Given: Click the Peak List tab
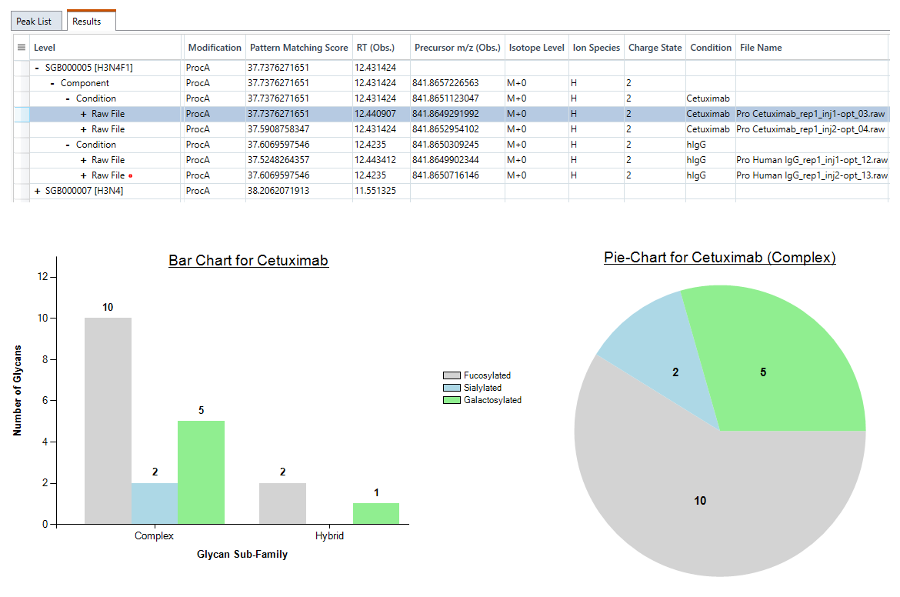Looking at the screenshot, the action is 34,22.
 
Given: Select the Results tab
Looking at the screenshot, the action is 87,22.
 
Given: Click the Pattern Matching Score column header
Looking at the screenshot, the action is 298,48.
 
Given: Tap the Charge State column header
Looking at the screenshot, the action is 655,48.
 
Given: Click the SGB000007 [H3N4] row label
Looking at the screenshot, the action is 85,191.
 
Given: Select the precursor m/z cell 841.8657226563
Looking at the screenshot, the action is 445,83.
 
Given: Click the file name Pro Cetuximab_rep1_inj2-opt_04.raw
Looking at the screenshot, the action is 811,129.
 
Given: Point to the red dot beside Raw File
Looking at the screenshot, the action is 131,175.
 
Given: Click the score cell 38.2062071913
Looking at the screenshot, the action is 278,191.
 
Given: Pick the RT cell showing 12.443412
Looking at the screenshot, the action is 375,160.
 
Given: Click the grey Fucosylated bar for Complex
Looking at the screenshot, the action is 108,421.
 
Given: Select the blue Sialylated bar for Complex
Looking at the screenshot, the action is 155,503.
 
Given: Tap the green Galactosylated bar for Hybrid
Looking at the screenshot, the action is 376,514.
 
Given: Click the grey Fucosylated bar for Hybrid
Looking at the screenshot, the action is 282,503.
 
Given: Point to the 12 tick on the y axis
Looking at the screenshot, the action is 43,277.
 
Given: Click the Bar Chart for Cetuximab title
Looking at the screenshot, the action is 248,261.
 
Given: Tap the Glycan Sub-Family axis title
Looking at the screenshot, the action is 242,555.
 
